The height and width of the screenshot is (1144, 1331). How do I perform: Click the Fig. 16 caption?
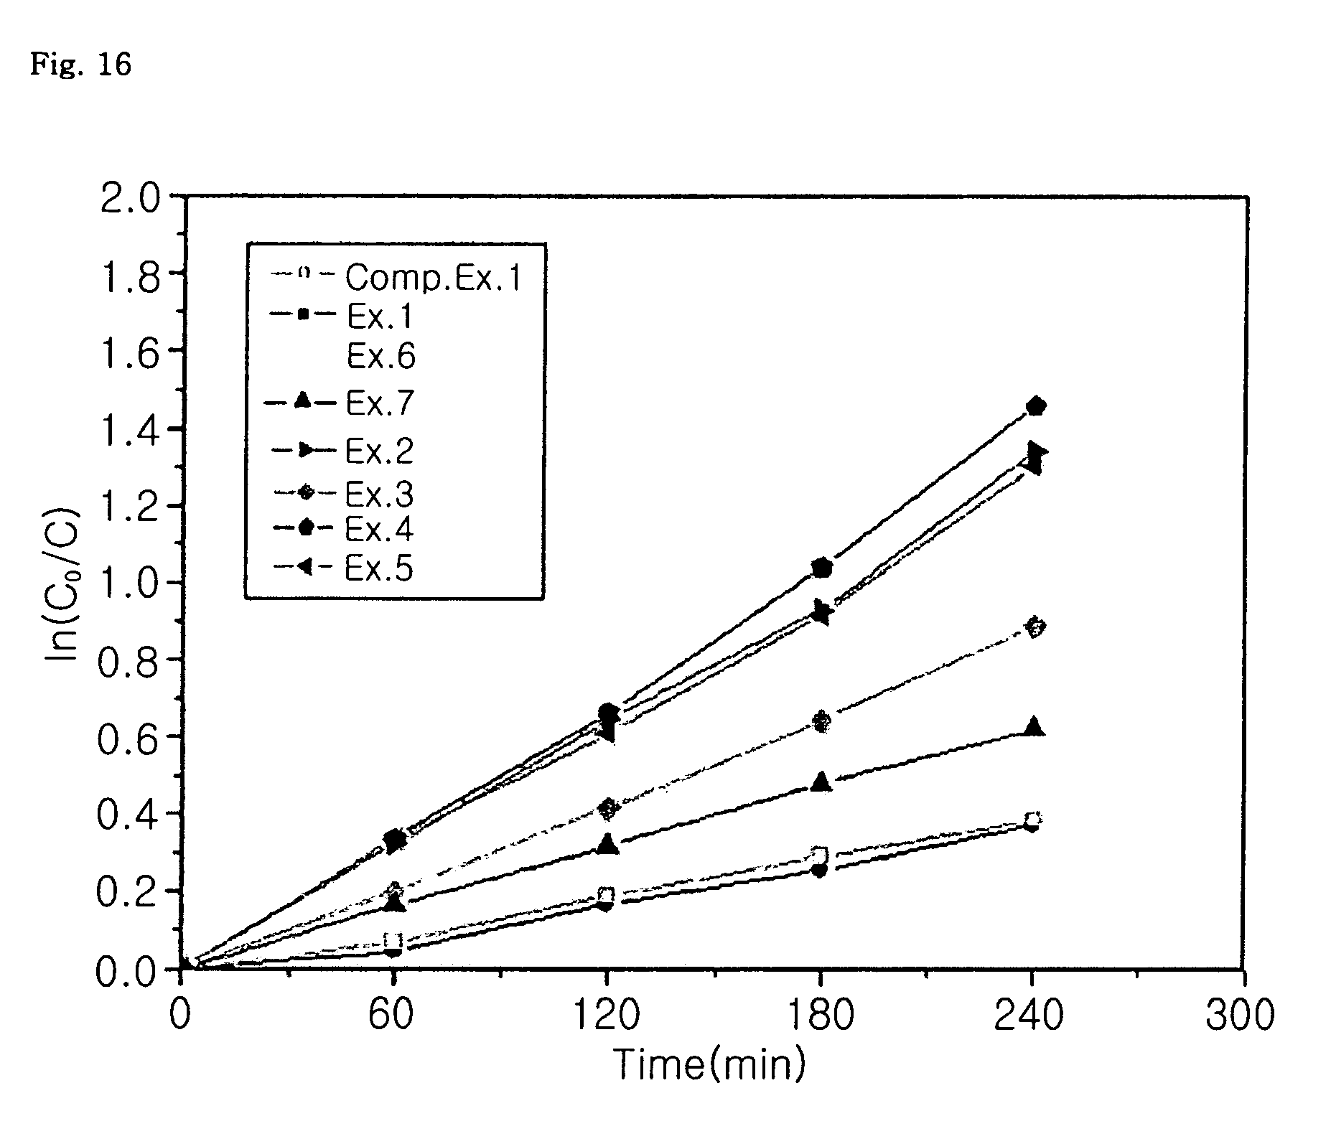[80, 64]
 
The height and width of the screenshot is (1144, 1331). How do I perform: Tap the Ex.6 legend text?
[380, 356]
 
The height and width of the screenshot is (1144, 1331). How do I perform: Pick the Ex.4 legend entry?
[343, 529]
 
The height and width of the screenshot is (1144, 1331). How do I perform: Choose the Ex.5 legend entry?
[343, 568]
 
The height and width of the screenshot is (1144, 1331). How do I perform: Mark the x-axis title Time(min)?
[710, 1064]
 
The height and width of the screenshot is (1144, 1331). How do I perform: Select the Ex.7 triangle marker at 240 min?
[1034, 726]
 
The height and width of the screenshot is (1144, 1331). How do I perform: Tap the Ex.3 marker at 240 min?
[1035, 627]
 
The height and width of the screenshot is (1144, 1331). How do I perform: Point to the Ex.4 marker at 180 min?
[822, 568]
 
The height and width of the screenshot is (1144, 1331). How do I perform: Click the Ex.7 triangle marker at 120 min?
[607, 843]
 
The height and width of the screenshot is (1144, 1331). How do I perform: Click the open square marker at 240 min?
[1033, 819]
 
